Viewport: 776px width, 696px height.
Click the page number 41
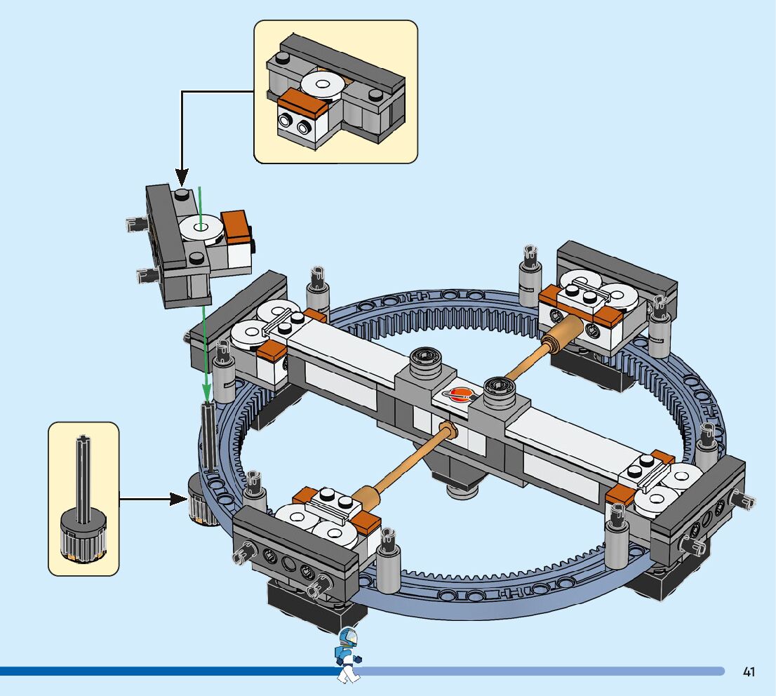[x=749, y=672]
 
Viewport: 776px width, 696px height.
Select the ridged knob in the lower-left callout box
[x=83, y=538]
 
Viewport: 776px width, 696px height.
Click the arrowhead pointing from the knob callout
[x=179, y=499]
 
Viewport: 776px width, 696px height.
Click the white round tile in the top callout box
[x=323, y=86]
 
